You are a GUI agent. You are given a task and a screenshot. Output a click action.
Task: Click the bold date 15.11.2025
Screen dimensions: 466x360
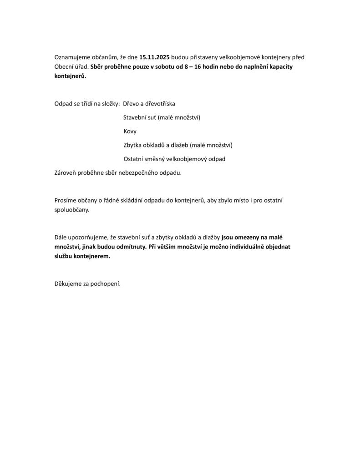(x=155, y=57)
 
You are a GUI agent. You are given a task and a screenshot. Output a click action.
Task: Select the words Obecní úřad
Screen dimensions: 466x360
(x=71, y=67)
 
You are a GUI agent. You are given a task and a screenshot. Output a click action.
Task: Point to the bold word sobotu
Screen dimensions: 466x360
(x=173, y=67)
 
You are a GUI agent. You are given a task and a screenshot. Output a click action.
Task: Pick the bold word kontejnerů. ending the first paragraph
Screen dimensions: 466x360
(x=70, y=76)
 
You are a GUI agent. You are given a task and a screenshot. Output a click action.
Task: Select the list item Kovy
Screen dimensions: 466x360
(x=130, y=132)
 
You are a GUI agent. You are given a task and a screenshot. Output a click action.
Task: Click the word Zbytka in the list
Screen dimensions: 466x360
(x=132, y=145)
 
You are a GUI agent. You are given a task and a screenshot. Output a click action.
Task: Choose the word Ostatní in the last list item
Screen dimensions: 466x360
(x=134, y=159)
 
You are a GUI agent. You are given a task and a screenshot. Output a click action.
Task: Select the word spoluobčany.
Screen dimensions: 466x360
(x=72, y=210)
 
